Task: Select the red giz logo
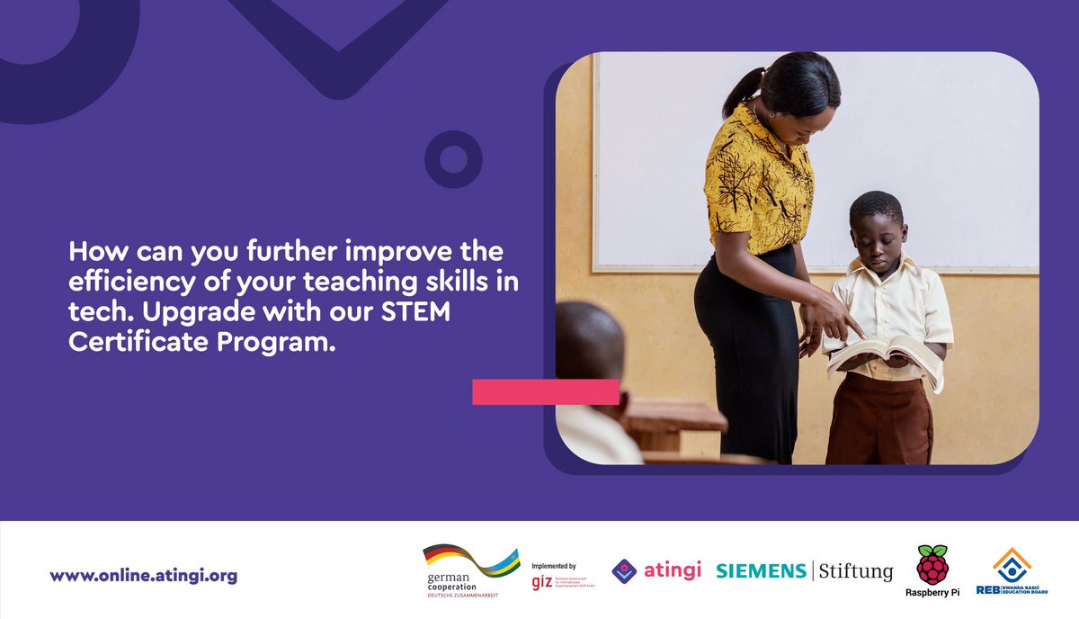541,581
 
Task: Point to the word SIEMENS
761,570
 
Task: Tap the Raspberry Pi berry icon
932,564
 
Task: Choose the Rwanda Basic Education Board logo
1012,572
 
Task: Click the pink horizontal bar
545,391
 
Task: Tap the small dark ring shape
453,159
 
